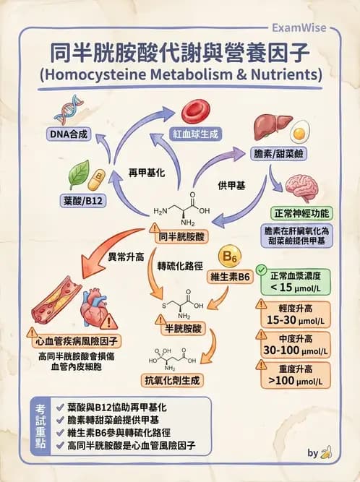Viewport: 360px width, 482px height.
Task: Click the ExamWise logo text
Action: click(x=298, y=27)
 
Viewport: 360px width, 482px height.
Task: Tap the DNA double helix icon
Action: click(x=69, y=109)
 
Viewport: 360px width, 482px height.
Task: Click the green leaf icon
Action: click(x=78, y=174)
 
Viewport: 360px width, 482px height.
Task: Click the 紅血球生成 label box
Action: click(x=196, y=134)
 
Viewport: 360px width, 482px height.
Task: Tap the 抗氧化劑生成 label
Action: click(x=173, y=379)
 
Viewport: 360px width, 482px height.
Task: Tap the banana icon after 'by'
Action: click(x=327, y=453)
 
